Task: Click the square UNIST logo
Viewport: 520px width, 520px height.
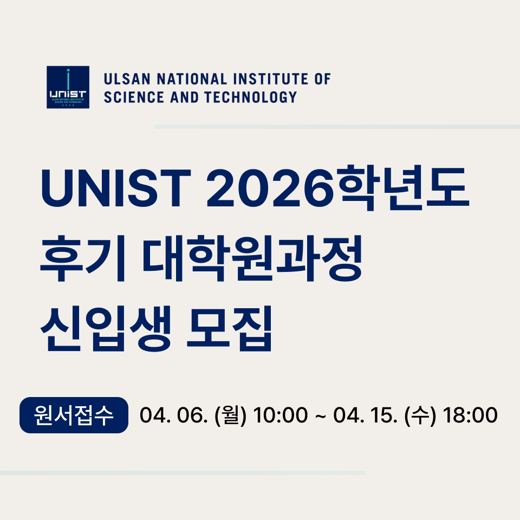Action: coord(68,87)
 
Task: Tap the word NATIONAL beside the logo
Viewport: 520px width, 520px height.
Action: coord(192,79)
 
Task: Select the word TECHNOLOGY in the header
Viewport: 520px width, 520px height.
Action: coord(250,97)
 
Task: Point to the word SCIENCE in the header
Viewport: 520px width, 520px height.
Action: coord(134,97)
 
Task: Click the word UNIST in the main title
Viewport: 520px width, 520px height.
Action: coord(116,188)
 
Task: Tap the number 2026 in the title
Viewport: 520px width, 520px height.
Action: coord(270,188)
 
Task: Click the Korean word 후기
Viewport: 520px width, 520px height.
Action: coord(83,258)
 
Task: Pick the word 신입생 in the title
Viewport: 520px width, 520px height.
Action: coord(106,328)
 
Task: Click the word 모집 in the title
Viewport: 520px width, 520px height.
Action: coord(230,328)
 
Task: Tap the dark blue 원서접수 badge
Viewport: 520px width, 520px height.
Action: coord(74,415)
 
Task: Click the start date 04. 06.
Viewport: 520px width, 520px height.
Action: coord(174,415)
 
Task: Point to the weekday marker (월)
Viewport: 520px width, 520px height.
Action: coord(231,415)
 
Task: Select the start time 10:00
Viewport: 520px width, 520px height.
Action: coord(280,415)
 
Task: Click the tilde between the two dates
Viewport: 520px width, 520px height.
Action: coord(320,415)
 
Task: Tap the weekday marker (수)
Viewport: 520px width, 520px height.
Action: coord(420,415)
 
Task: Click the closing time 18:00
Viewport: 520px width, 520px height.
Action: coord(470,415)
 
